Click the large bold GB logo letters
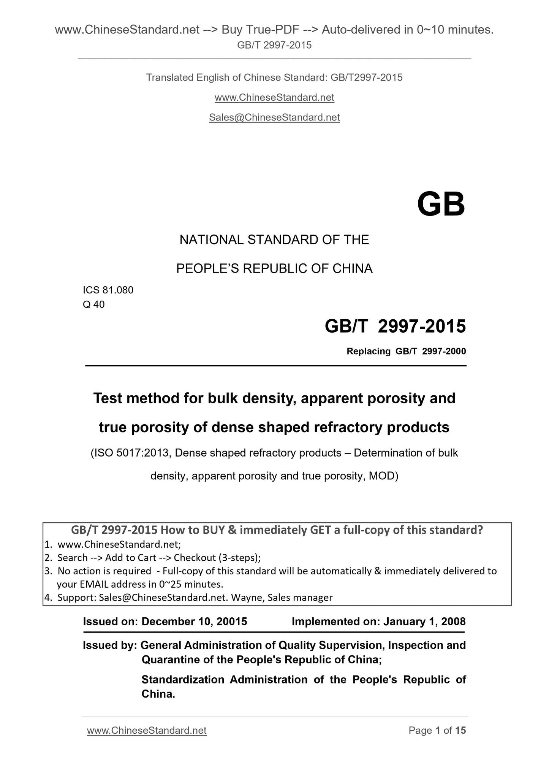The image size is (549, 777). pyautogui.click(x=441, y=205)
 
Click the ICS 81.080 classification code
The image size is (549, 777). pyautogui.click(x=108, y=290)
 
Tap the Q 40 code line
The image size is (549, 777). pyautogui.click(x=93, y=304)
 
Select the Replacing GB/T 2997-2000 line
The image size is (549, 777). pyautogui.click(x=406, y=351)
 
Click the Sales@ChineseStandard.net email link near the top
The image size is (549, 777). pyautogui.click(x=274, y=117)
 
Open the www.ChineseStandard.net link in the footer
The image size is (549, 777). pyautogui.click(x=147, y=730)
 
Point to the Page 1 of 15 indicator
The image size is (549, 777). pyautogui.click(x=437, y=730)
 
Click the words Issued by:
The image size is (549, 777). pyautogui.click(x=110, y=645)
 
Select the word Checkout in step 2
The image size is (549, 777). pyautogui.click(x=195, y=558)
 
